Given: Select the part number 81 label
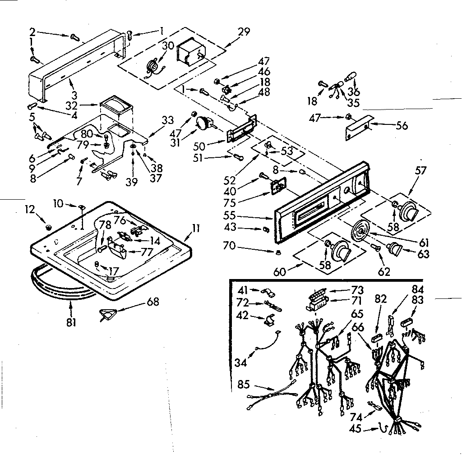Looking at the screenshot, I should point(71,322).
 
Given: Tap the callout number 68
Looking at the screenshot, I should point(153,302).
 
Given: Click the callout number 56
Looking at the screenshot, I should point(402,126).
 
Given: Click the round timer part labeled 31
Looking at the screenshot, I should point(204,123).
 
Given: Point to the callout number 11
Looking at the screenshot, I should point(195,228).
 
